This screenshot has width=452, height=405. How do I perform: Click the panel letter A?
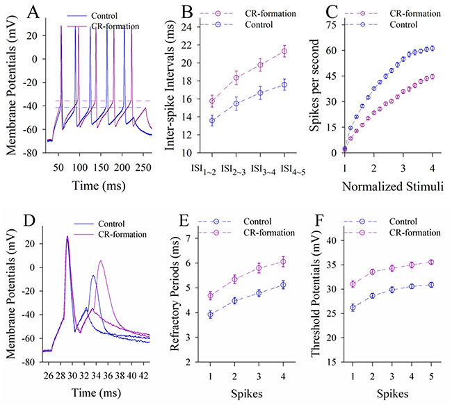pos(13,12)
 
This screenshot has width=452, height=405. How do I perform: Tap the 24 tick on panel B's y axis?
pos(184,27)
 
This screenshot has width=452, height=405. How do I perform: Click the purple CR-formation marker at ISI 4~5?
pos(284,51)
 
